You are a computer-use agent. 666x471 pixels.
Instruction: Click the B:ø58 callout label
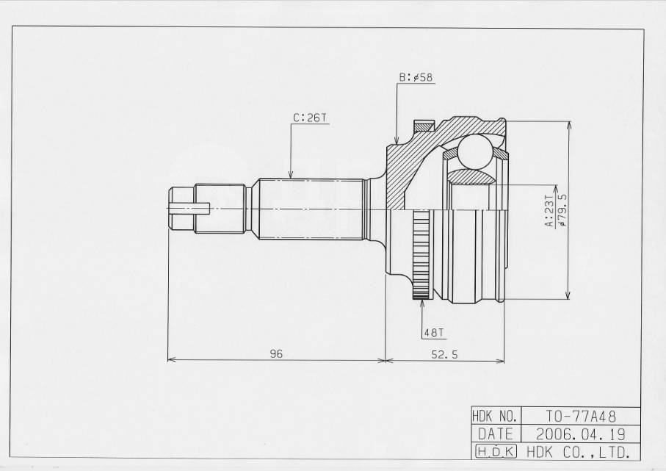pos(416,77)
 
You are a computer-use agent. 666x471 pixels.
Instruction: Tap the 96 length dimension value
pos(276,353)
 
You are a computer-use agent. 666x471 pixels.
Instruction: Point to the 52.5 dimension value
pos(445,353)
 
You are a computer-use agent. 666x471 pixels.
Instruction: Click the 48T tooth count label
pos(433,333)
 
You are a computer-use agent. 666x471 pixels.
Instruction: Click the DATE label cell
pos(496,434)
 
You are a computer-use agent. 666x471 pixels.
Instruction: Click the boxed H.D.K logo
pos(496,452)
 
